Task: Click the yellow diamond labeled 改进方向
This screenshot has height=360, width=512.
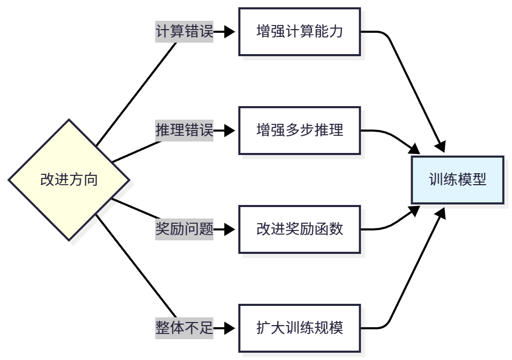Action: point(69,180)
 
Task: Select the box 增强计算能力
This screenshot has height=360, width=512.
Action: point(299,32)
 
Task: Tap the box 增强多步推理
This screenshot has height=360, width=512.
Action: point(299,130)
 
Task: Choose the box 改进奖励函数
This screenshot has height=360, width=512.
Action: point(299,229)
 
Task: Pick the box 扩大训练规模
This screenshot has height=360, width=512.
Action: point(299,328)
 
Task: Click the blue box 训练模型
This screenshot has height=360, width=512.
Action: point(457,180)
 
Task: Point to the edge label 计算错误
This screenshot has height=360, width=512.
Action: point(184,32)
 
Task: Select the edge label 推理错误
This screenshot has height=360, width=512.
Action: point(184,130)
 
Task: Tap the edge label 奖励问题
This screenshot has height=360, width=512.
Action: point(184,229)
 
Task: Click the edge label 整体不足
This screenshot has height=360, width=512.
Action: point(184,328)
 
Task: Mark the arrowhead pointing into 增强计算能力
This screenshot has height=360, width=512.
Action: point(231,32)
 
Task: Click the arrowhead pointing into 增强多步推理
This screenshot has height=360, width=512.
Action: point(231,130)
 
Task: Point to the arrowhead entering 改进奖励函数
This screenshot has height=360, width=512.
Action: point(231,229)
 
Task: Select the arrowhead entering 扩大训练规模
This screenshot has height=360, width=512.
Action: point(231,328)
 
